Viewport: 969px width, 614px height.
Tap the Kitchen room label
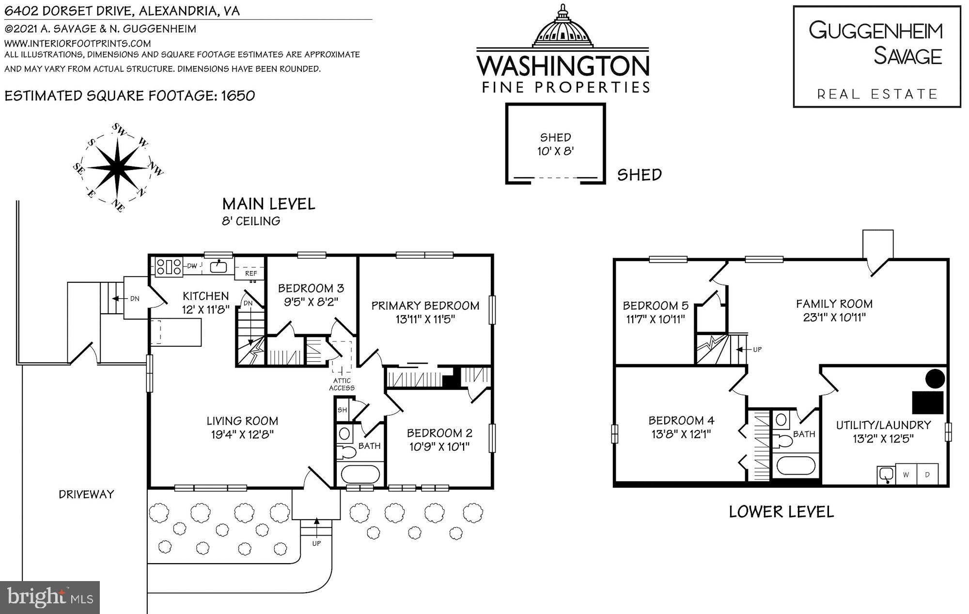(205, 296)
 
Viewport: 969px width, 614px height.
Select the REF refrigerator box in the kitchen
(250, 274)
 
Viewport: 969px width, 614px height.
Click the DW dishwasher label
(192, 266)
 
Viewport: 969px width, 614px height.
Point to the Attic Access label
(342, 384)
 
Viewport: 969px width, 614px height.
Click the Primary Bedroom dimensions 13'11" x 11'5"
(425, 319)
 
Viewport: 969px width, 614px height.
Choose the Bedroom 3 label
(311, 289)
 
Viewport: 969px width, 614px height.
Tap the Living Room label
(242, 421)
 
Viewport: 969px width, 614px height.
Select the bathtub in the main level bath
(360, 474)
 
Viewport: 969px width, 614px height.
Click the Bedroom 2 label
(439, 433)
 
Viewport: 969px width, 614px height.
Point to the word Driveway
(86, 494)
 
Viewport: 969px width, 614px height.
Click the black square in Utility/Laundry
(927, 402)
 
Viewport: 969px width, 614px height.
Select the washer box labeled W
(905, 475)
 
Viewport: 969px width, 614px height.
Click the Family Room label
(834, 304)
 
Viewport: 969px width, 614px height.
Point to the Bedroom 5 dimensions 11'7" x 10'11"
(655, 320)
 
